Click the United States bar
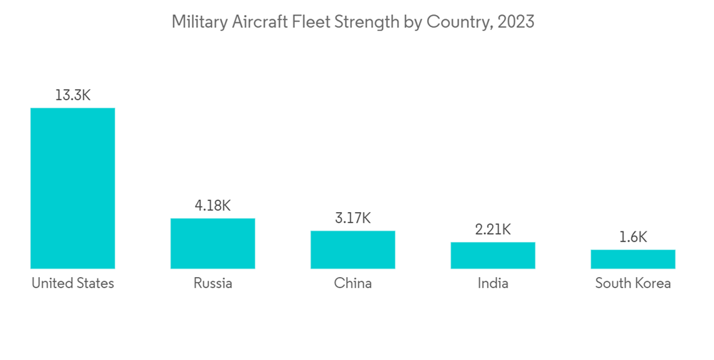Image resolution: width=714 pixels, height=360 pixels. pos(72,188)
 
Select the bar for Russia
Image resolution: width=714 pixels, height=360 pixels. pos(213,243)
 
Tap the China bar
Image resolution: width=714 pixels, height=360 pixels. pos(353,249)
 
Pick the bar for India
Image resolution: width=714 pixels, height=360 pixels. pos(493,255)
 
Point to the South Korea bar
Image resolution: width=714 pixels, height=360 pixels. pos(633,259)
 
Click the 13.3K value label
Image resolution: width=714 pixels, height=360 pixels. pos(73,95)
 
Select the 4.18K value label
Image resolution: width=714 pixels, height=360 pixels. pos(213,206)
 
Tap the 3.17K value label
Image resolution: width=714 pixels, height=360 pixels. pos(353,218)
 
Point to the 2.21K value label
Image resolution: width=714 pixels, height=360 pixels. pos(493,229)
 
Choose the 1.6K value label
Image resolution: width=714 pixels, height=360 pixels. pos(633,237)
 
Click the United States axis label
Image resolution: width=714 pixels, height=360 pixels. pos(73,284)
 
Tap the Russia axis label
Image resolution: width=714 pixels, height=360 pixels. pos(213,284)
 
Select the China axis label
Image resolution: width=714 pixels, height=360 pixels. pos(353,284)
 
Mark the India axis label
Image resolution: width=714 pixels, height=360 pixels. pos(493,284)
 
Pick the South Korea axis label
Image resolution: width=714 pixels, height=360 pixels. pos(633,284)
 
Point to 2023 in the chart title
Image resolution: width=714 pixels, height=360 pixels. pos(516,22)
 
